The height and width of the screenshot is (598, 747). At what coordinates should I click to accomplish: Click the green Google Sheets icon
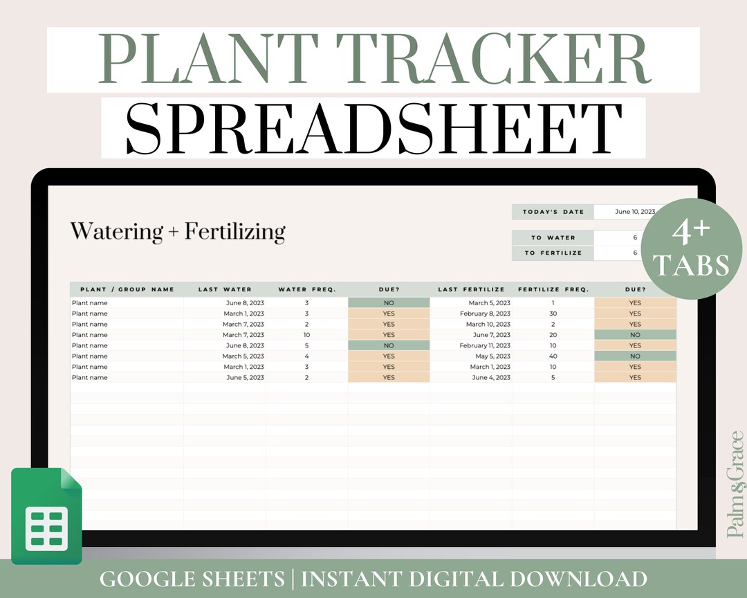tap(46, 516)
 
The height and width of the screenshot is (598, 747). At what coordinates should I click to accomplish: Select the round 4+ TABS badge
tap(691, 248)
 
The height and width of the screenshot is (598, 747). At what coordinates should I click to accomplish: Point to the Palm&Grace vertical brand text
tap(735, 484)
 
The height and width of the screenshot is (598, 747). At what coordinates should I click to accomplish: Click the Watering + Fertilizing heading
tap(178, 232)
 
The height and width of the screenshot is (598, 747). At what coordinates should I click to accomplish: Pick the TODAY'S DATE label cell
tap(553, 212)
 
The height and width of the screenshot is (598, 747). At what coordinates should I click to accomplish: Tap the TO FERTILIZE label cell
tap(553, 253)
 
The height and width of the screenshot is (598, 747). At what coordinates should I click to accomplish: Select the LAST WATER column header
tap(225, 289)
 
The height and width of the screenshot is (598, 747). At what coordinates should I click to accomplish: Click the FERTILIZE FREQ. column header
tap(553, 289)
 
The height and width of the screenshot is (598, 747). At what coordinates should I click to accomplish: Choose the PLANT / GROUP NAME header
tap(127, 289)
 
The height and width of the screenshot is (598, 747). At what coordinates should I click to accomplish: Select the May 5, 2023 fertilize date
tap(492, 356)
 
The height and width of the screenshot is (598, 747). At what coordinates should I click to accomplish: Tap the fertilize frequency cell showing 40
tap(553, 356)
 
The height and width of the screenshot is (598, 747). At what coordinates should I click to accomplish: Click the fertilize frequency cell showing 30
tap(553, 314)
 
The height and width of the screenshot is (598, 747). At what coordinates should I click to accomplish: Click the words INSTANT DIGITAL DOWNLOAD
tap(474, 579)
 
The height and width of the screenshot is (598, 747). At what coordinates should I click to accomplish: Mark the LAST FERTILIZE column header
tap(471, 289)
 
